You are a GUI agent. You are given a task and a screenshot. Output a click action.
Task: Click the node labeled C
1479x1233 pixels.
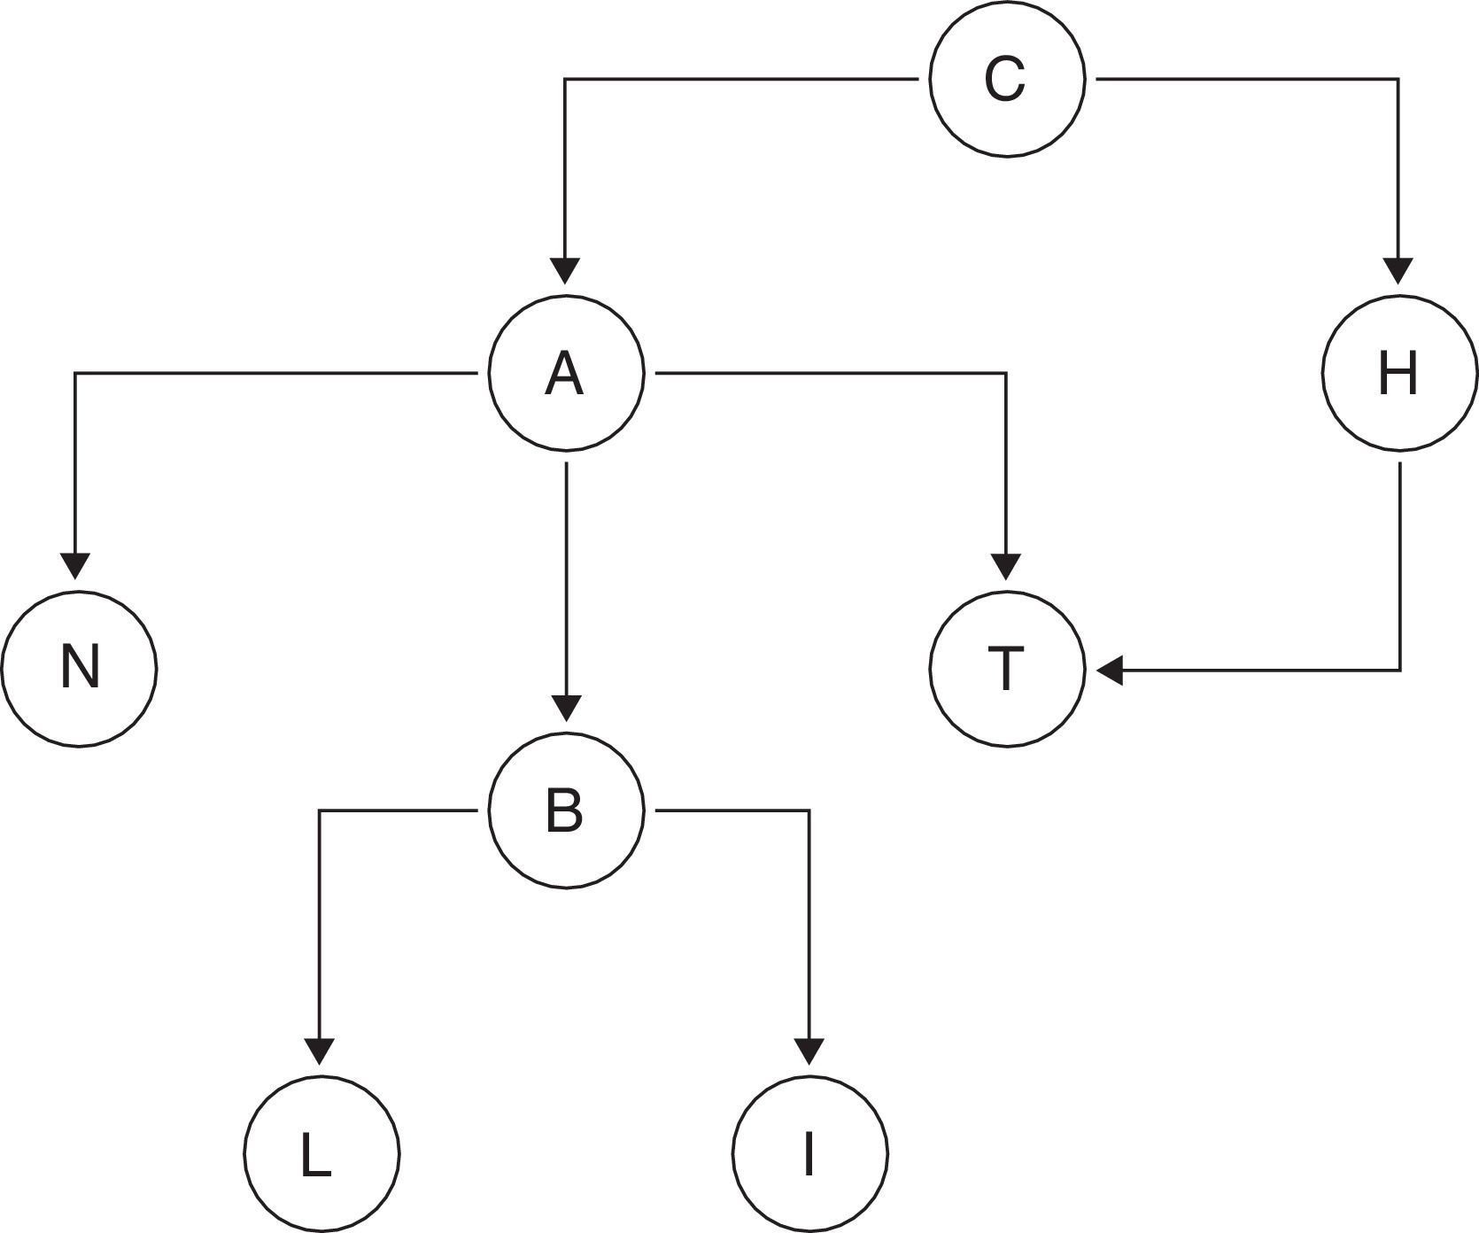point(1007,79)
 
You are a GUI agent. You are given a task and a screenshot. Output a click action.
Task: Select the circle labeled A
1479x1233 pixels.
point(566,374)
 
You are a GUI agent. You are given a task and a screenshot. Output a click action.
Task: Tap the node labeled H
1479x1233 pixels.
point(1399,374)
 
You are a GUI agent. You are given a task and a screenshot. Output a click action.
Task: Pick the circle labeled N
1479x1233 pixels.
point(79,668)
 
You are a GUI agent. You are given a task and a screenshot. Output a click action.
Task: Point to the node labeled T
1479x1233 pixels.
point(1007,668)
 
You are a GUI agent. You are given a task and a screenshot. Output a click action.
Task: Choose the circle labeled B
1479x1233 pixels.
point(566,810)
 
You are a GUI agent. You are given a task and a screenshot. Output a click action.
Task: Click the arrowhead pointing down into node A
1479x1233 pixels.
point(566,270)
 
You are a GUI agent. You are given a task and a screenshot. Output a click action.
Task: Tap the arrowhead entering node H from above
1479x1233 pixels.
point(1398,270)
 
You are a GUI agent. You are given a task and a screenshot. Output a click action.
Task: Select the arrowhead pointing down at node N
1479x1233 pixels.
point(75,565)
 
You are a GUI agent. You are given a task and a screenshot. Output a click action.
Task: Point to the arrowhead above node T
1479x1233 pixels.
point(1006,565)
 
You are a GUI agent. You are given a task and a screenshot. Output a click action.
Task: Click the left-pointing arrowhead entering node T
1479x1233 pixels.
point(1111,670)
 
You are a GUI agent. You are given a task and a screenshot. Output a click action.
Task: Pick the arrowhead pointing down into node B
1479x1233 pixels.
point(566,707)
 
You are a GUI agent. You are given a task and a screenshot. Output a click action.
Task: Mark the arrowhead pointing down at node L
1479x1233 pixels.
point(320,1051)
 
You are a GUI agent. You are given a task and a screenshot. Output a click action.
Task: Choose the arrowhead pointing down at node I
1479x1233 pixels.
point(809,1051)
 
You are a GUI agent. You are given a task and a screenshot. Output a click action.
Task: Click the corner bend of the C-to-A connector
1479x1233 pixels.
point(566,80)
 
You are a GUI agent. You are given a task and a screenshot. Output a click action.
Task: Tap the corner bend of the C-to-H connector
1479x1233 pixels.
point(1398,80)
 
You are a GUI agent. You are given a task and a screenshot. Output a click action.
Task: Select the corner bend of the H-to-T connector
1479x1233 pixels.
point(1399,670)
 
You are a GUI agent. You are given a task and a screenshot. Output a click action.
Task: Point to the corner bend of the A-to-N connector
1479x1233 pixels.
point(75,374)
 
